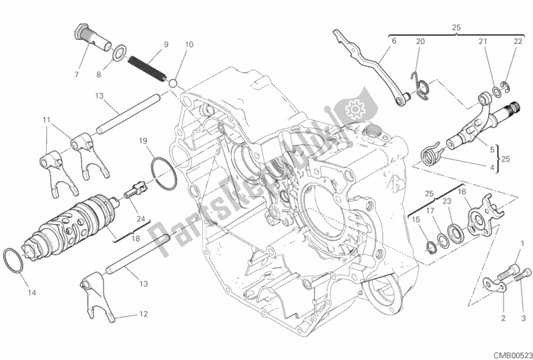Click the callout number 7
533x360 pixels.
[x=77, y=74]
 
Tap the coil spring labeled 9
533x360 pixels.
[x=147, y=68]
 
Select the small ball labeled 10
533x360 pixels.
[x=174, y=83]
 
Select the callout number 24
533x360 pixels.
[x=141, y=219]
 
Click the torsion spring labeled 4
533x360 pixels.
[x=431, y=154]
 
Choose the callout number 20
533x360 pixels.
[x=421, y=41]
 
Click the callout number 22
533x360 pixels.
[x=518, y=41]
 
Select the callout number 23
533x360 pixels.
[x=447, y=201]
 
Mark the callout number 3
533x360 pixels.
[x=524, y=319]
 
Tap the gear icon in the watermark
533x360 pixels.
[x=355, y=110]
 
